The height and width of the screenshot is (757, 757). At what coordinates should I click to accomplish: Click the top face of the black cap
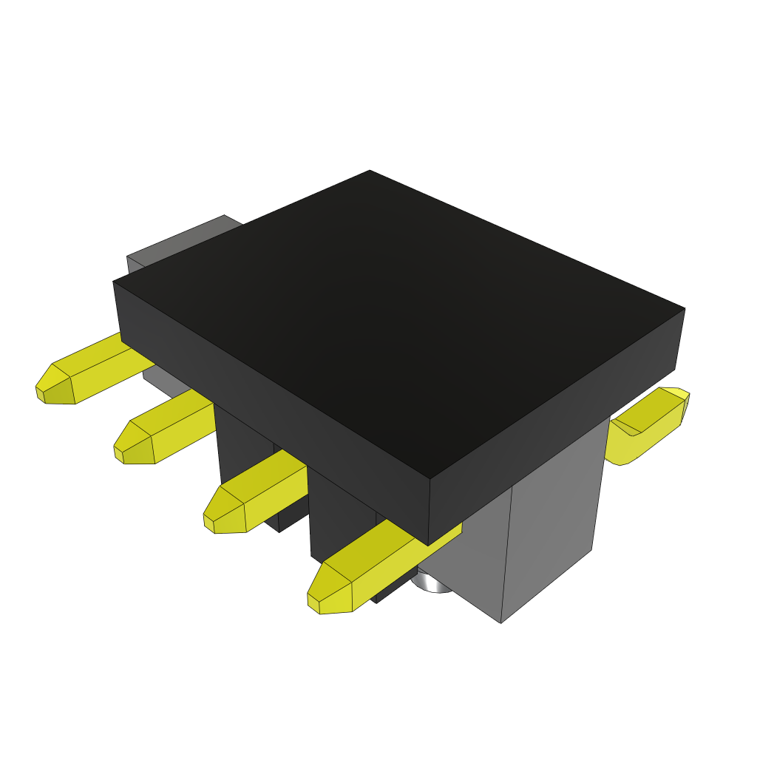[x=392, y=310]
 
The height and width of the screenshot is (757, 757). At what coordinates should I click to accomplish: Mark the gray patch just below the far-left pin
[x=159, y=381]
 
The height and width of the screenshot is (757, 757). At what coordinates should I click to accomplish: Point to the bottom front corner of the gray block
[x=501, y=622]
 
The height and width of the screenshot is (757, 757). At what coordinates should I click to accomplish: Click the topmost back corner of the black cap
[x=370, y=171]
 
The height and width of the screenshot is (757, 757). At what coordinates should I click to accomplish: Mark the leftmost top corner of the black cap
[x=114, y=282]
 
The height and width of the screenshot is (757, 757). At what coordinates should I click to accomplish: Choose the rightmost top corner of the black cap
[x=685, y=309]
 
